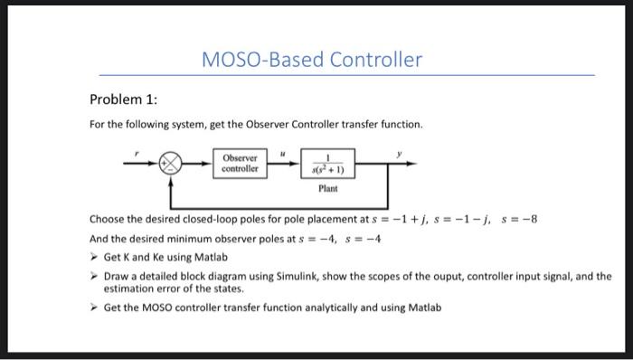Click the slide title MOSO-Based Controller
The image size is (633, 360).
(313, 61)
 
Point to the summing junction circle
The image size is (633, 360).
(171, 164)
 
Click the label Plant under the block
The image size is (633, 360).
(326, 189)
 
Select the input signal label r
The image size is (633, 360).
(137, 154)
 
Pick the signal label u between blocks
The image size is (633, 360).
(281, 154)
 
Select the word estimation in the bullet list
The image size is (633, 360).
(129, 289)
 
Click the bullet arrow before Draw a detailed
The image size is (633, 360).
(94, 277)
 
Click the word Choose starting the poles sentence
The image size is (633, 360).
(109, 220)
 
